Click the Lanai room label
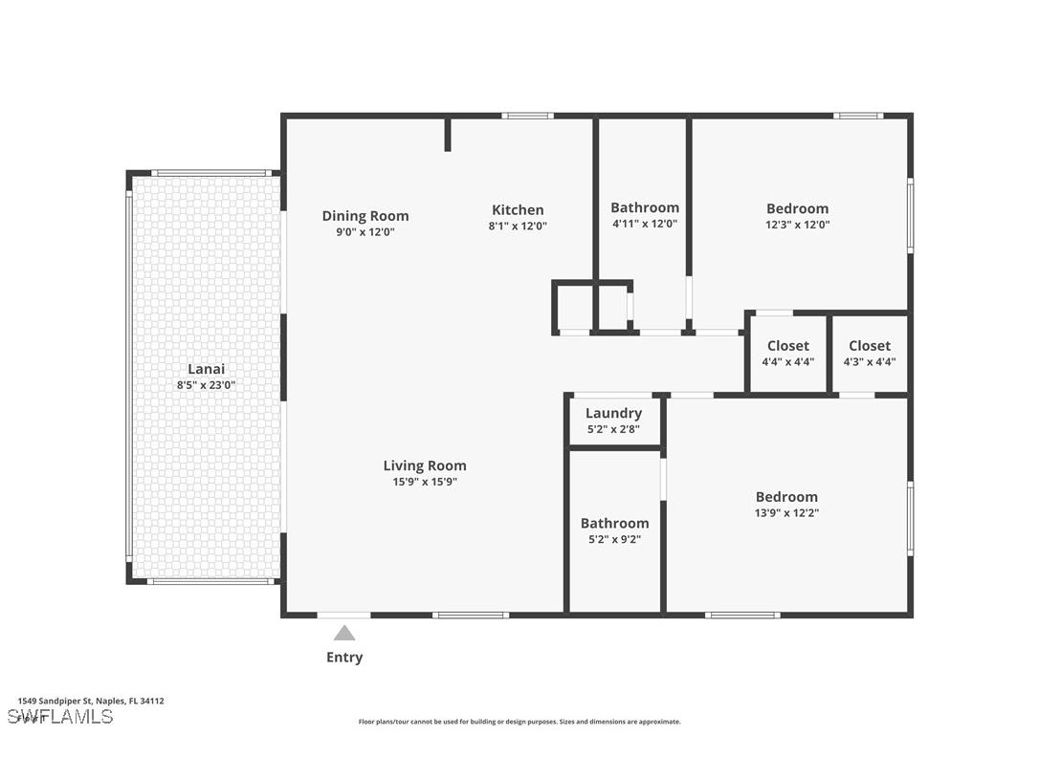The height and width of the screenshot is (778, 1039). click(x=206, y=369)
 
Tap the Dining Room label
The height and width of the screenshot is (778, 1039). click(x=365, y=216)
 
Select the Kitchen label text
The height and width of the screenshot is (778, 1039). click(x=518, y=210)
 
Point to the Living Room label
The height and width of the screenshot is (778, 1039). click(x=425, y=466)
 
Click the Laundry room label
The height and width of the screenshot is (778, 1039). click(x=613, y=413)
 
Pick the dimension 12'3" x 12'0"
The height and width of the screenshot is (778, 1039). click(x=797, y=226)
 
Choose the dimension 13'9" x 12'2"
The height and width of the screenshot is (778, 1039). click(x=786, y=513)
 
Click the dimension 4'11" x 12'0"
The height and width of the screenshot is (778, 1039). click(x=644, y=224)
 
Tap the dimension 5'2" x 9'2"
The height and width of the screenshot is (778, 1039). click(x=614, y=539)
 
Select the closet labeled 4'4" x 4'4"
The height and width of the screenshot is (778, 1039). click(x=787, y=362)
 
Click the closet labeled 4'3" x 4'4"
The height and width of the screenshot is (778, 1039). click(x=869, y=362)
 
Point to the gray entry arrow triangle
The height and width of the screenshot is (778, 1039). click(x=344, y=633)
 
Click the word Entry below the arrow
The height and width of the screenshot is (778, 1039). click(x=344, y=658)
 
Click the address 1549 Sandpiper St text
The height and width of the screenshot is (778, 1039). click(x=91, y=701)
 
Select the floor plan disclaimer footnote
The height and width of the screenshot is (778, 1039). click(x=519, y=722)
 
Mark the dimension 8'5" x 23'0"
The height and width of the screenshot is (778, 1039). click(x=206, y=385)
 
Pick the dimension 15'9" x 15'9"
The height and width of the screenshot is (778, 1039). click(x=425, y=483)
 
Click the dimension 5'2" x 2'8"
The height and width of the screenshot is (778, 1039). click(x=613, y=429)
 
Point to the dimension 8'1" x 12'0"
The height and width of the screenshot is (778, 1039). click(x=518, y=227)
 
